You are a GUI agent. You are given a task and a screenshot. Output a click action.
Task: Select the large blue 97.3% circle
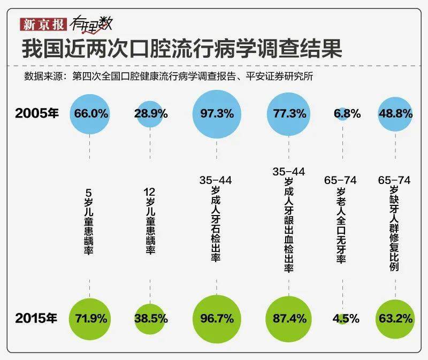pyautogui.click(x=216, y=113)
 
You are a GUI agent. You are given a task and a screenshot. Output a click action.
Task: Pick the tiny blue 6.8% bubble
pyautogui.click(x=343, y=113)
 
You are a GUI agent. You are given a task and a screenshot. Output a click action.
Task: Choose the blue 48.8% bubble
pyautogui.click(x=395, y=113)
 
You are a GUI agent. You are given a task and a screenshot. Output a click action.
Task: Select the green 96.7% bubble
pyautogui.click(x=216, y=318)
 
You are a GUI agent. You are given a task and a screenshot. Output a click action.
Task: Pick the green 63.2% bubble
pyautogui.click(x=395, y=318)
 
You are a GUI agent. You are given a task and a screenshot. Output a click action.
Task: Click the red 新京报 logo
pyautogui.click(x=43, y=24)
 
